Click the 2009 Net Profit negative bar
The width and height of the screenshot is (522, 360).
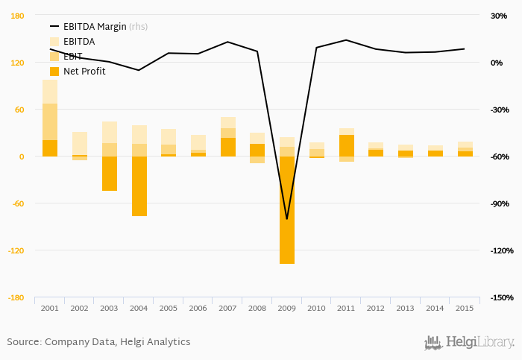pos(287,209)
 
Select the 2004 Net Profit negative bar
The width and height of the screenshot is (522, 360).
pos(139,186)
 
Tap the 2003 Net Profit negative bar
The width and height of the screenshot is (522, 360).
pos(110,174)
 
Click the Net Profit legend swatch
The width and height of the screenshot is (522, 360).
pos(54,72)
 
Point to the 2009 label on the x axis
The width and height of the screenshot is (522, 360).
pos(287,308)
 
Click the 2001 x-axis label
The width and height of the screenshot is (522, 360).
pos(50,308)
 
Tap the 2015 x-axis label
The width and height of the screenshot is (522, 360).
pos(465,308)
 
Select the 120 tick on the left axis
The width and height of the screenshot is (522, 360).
pos(16,63)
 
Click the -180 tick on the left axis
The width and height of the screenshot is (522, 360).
pos(15,297)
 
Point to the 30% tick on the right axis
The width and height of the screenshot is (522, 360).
pos(498,16)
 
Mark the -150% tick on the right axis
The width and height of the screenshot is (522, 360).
pos(501,297)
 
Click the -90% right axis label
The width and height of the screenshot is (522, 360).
pos(500,203)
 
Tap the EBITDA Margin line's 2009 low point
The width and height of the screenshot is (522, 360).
pos(287,219)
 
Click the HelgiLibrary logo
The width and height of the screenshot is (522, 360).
pos(469,342)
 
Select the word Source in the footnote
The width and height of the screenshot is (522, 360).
pos(23,342)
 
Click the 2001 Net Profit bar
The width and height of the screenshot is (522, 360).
pos(50,148)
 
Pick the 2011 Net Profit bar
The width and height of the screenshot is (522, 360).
pos(346,145)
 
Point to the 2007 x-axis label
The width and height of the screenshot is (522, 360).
pos(228,308)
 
